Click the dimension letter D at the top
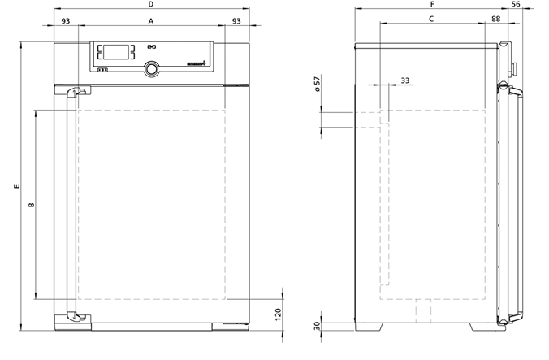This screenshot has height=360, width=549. point(151,4)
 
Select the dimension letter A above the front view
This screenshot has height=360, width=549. point(151,21)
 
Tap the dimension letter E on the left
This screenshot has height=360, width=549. point(16,186)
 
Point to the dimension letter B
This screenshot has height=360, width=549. point(32,205)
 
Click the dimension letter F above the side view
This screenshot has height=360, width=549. point(432,4)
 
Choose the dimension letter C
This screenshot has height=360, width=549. point(431,19)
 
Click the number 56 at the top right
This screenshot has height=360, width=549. point(516,4)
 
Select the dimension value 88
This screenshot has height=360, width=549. point(495,19)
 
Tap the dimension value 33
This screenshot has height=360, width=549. point(405,80)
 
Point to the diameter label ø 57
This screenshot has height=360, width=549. point(318,84)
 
